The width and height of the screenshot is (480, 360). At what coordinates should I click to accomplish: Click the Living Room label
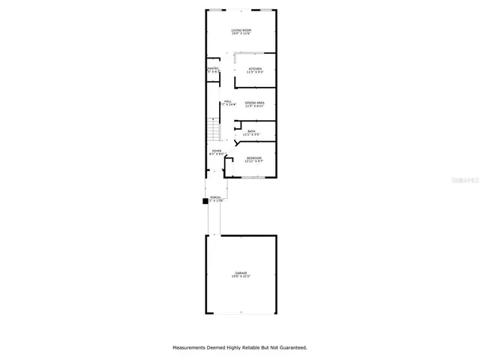240,30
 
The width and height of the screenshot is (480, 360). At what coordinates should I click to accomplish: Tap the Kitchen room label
255,69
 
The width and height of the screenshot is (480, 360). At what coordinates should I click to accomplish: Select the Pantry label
212,69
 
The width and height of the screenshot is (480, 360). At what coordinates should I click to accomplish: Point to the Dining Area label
254,103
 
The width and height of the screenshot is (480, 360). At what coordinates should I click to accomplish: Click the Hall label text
227,102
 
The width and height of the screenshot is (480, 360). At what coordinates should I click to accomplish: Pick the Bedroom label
254,157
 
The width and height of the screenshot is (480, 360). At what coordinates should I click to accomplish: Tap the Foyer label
216,151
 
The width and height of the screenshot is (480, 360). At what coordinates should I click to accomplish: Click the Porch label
215,197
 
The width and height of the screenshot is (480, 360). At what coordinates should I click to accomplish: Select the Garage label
240,273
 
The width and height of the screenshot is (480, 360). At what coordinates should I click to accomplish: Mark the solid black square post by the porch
204,201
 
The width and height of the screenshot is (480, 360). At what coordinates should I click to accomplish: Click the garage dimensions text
240,277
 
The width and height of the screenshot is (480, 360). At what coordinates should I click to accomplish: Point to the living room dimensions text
240,34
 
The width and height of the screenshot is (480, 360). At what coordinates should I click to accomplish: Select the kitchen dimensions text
255,73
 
